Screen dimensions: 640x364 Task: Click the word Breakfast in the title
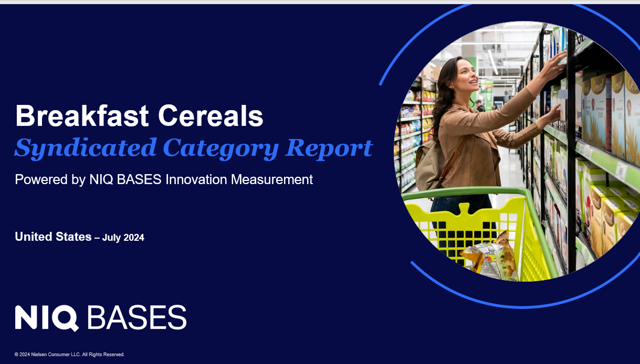(x=82, y=115)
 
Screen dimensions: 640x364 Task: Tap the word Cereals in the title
(x=211, y=115)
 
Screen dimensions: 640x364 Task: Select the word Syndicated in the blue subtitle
(x=86, y=148)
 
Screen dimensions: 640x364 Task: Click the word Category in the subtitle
(x=221, y=148)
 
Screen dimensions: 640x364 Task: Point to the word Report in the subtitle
(x=329, y=148)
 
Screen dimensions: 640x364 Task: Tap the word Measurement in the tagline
(x=272, y=179)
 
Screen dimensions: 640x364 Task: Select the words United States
(x=53, y=237)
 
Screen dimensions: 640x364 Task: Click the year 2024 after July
(x=134, y=238)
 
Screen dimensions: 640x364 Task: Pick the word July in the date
(x=112, y=238)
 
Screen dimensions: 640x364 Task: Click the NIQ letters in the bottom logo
(x=47, y=318)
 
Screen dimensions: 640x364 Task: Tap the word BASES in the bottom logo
(x=137, y=317)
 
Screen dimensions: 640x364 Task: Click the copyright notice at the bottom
(x=69, y=355)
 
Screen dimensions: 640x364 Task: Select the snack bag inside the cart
(x=490, y=255)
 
